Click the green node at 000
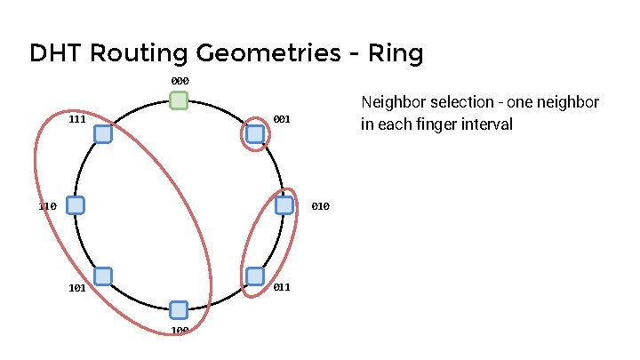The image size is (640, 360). pyautogui.click(x=179, y=100)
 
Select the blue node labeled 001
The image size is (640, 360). pyautogui.click(x=254, y=134)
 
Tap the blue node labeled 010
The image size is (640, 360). pyautogui.click(x=284, y=205)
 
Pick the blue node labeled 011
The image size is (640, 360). pyautogui.click(x=254, y=276)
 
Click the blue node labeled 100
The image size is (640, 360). pyautogui.click(x=179, y=309)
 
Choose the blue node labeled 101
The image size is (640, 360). pyautogui.click(x=102, y=276)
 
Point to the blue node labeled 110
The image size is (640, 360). pyautogui.click(x=75, y=205)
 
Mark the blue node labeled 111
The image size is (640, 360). pyautogui.click(x=102, y=134)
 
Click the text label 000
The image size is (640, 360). pyautogui.click(x=180, y=81)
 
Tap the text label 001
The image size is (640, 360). pyautogui.click(x=282, y=118)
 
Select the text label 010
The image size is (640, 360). pyautogui.click(x=321, y=206)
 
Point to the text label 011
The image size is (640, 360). pyautogui.click(x=282, y=287)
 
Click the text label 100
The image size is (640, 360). pyautogui.click(x=180, y=332)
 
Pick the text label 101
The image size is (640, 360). pyautogui.click(x=76, y=287)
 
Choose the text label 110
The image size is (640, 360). pyautogui.click(x=48, y=206)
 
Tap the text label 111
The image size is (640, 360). pyautogui.click(x=76, y=118)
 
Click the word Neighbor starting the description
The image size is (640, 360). pyautogui.click(x=390, y=102)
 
